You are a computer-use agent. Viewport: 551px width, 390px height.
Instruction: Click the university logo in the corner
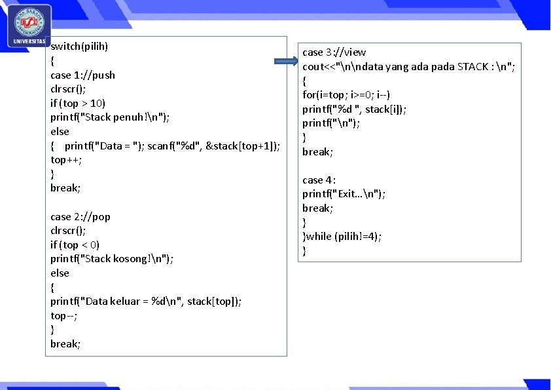pos(28,26)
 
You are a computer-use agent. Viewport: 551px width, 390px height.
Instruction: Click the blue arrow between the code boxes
pos(286,63)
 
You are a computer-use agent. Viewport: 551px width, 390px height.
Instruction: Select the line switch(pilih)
pos(79,47)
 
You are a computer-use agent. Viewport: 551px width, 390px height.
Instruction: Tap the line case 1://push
pos(82,75)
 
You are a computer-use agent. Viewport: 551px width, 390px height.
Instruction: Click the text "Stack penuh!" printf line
pos(110,117)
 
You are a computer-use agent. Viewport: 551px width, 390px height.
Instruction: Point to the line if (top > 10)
pos(78,103)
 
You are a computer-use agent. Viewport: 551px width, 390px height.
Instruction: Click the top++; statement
pos(66,160)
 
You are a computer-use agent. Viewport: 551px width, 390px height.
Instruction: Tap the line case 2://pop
pos(80,216)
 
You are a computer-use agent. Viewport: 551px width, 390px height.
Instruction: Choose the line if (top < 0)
pos(75,244)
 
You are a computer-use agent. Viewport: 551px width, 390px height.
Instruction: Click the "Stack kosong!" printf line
pos(112,259)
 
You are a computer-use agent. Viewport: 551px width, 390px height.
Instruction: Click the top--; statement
pos(65,315)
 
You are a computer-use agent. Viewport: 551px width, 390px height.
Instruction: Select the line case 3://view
pos(334,52)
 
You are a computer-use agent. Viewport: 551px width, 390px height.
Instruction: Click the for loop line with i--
pos(346,95)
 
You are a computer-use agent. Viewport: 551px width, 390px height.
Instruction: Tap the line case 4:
pos(319,180)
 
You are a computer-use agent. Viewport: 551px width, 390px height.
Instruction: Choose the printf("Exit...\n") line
pos(344,194)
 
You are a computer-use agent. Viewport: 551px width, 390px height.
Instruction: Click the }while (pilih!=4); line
pos(342,237)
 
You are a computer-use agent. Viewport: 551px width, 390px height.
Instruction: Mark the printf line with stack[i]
pos(354,109)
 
